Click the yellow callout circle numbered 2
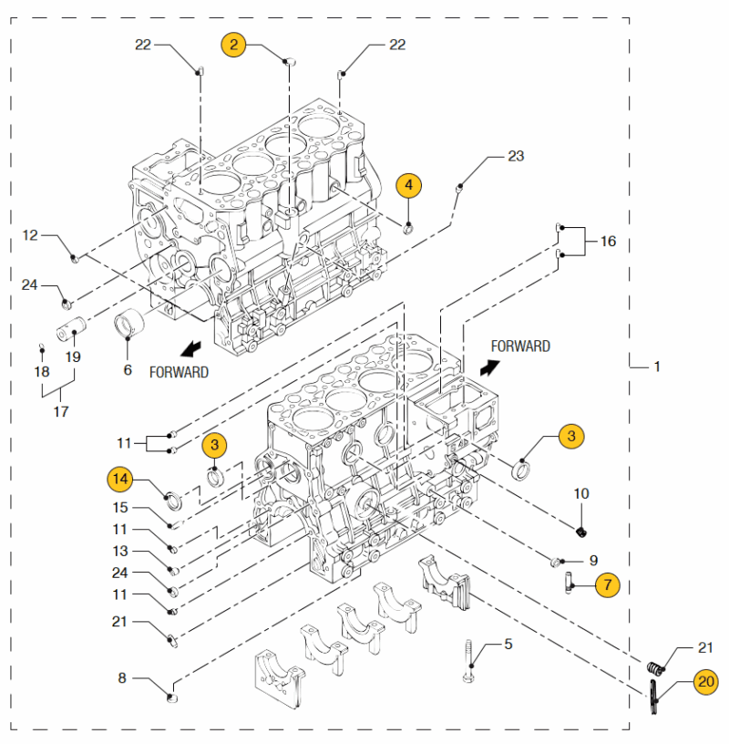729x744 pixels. coord(233,45)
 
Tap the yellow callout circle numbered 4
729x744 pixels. coord(409,185)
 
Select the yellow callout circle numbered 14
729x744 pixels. coord(120,479)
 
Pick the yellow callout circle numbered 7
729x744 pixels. coord(608,585)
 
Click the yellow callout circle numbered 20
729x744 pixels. coord(705,682)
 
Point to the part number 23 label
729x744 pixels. coord(516,156)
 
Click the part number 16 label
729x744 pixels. coord(608,241)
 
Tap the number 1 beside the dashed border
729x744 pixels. coord(657,367)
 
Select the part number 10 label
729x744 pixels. coord(581,493)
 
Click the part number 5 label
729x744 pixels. coord(508,644)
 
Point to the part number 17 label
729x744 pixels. coord(61,411)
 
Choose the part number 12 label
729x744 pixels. coord(30,235)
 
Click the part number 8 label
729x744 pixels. coord(122,678)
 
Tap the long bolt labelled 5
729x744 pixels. coord(468,661)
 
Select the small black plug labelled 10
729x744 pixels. coord(581,532)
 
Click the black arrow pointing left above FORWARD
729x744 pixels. coord(190,349)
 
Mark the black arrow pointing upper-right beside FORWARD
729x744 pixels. coord(489,367)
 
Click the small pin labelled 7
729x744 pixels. coord(568,584)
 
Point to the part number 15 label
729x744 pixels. coord(120,507)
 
